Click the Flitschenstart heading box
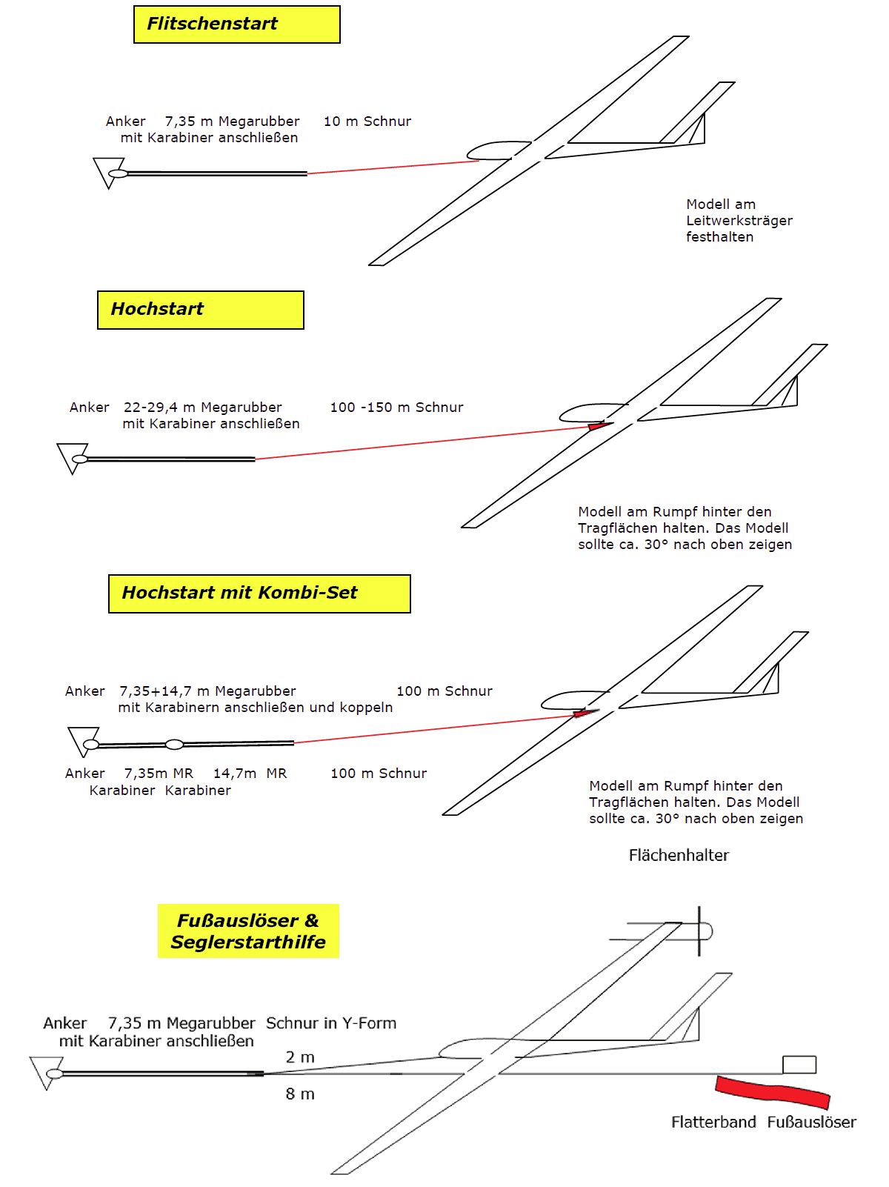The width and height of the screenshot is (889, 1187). click(236, 24)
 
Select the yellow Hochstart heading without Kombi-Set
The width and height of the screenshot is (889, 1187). click(200, 310)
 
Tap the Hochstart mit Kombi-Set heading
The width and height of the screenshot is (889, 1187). click(259, 593)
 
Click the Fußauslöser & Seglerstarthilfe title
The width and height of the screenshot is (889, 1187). click(248, 931)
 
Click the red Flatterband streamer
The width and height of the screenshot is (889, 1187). click(772, 1091)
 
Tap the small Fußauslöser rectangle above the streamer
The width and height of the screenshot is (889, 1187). click(799, 1065)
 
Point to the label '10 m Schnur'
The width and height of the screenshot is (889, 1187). click(367, 122)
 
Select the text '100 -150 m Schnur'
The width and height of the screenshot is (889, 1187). click(396, 408)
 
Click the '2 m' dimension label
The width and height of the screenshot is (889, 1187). click(300, 1057)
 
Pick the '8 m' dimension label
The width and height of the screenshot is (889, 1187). click(300, 1094)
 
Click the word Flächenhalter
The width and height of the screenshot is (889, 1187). click(679, 855)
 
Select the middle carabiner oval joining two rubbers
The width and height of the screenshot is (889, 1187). click(174, 744)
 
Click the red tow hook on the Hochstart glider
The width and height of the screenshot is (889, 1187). click(599, 426)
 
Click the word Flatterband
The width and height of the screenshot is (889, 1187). click(713, 1122)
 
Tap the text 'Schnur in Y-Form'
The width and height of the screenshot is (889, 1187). click(331, 1023)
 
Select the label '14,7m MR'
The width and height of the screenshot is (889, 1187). click(250, 774)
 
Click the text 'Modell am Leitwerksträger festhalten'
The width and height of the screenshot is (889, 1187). click(739, 221)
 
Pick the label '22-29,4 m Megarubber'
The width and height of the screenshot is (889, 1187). click(202, 408)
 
